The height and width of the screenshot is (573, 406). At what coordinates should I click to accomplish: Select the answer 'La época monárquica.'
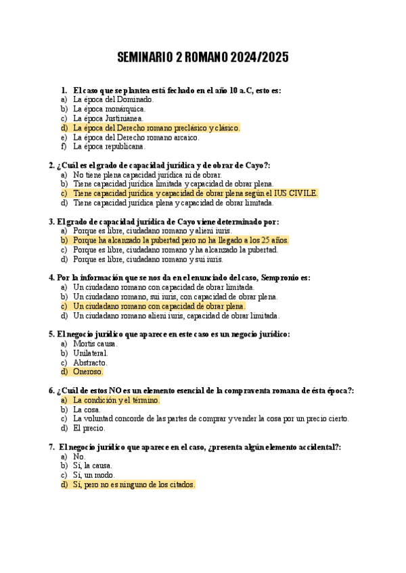109,108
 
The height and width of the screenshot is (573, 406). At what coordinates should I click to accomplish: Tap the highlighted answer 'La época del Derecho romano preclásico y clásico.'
156,127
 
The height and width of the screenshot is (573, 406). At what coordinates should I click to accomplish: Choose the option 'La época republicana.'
109,146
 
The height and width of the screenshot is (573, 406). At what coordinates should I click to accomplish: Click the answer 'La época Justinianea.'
108,118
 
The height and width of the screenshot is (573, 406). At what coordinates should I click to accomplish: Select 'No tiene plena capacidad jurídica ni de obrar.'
147,174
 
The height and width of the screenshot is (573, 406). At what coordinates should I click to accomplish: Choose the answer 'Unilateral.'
91,353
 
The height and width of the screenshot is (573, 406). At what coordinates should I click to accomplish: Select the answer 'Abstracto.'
91,362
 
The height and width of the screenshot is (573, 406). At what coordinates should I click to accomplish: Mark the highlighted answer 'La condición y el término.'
116,400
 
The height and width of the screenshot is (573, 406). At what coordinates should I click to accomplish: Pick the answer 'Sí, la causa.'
93,466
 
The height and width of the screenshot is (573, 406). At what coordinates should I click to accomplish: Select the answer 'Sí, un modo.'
93,475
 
